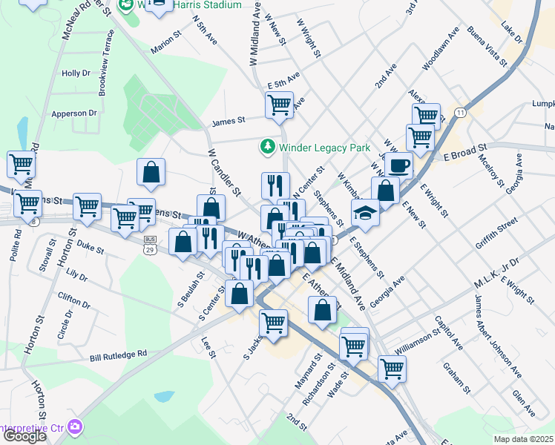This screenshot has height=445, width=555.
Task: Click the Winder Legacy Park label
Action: tap(324, 148)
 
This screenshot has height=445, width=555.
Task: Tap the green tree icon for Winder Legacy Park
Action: tap(267, 147)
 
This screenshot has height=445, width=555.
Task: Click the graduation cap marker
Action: tap(366, 212)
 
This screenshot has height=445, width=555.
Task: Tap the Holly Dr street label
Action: tap(76, 73)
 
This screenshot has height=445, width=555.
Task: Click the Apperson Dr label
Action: tap(74, 113)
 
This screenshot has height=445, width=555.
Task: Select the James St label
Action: tap(228, 121)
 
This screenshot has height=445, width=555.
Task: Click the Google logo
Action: tap(24, 436)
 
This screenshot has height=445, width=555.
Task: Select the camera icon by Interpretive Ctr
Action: tap(74, 426)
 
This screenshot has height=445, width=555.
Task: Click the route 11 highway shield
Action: tap(461, 112)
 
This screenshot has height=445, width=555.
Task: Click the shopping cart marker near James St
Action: tap(279, 106)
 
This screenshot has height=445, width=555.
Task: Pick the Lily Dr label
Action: tap(77, 276)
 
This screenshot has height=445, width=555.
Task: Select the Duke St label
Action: tap(91, 245)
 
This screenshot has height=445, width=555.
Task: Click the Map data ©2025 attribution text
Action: tap(523, 439)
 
